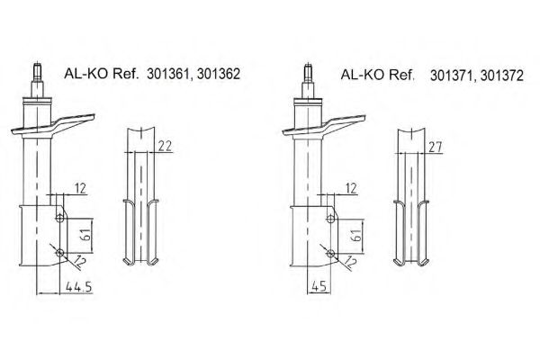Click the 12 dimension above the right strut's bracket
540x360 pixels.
pyautogui.click(x=350, y=187)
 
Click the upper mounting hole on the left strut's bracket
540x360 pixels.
pyautogui.click(x=58, y=217)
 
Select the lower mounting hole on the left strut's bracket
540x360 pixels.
pyautogui.click(x=58, y=254)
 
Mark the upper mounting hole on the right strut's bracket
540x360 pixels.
pyautogui.click(x=331, y=217)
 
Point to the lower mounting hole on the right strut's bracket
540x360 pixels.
pyautogui.click(x=331, y=254)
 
